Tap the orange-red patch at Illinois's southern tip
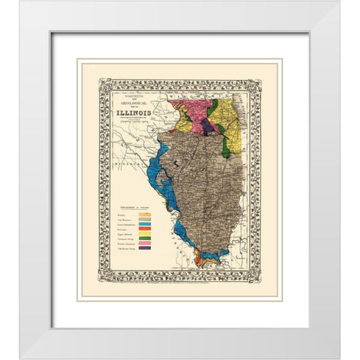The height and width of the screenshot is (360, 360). pos(201,259)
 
